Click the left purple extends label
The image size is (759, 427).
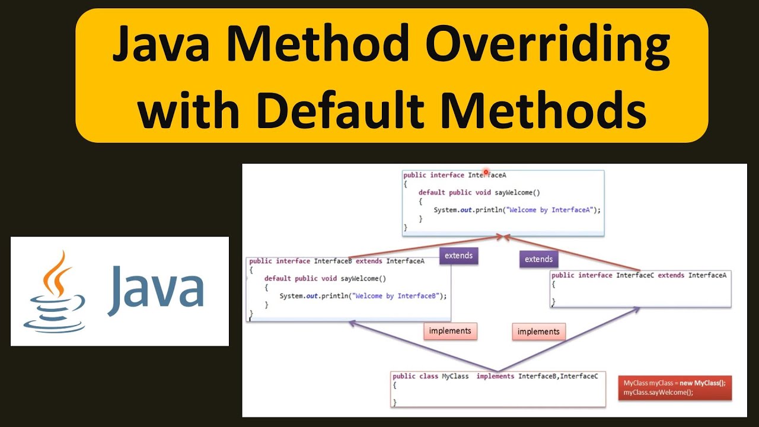coord(458,256)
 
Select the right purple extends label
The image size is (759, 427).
coord(538,259)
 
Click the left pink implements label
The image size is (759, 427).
coord(450,331)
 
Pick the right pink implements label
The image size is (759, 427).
coord(538,332)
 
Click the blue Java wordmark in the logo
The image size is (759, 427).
coord(156,291)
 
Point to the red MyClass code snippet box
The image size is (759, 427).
coord(674,387)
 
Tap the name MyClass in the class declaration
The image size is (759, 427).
coord(455,376)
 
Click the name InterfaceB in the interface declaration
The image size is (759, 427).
coord(333,261)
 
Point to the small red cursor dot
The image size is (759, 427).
coord(486,172)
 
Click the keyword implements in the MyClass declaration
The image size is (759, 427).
coord(495,376)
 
